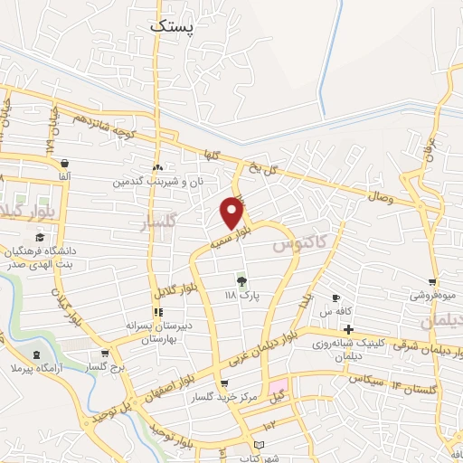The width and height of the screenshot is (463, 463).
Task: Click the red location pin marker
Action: tap(232, 212)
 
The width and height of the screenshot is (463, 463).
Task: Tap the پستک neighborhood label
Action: tap(171, 28)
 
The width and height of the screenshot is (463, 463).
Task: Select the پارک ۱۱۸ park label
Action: tap(241, 296)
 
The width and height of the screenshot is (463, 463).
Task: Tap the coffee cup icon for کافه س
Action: tap(335, 298)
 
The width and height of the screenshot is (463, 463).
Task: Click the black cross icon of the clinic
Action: tap(347, 329)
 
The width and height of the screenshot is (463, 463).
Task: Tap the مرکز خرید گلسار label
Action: tap(216, 397)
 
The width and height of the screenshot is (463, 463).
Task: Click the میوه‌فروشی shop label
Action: tap(433, 295)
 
